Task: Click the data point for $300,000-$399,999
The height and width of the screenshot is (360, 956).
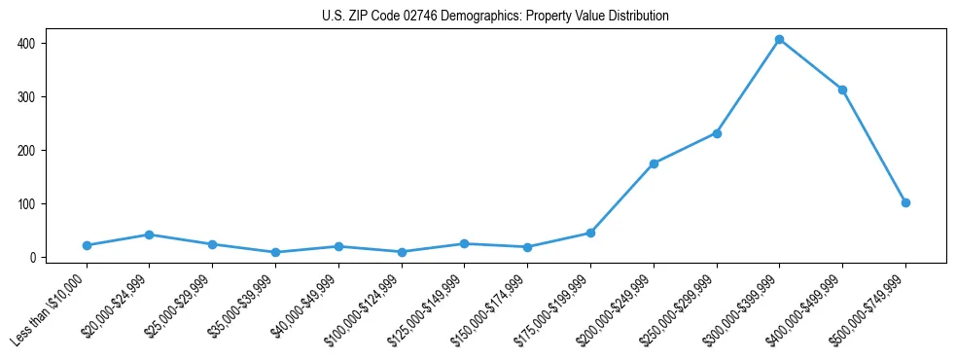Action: pos(779,39)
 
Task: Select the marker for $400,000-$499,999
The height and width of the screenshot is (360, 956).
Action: pos(842,90)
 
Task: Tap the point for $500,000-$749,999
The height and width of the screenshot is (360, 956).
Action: pos(905,202)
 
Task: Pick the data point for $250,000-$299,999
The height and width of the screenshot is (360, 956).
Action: pos(717,133)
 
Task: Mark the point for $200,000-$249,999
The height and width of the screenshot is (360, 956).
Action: pos(654,163)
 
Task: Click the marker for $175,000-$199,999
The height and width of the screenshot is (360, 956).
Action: pos(590,233)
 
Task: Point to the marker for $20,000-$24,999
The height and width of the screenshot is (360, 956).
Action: pos(149,234)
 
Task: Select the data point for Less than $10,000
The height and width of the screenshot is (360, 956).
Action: pos(87,245)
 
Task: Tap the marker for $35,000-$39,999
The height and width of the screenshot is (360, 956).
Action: pos(275,252)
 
